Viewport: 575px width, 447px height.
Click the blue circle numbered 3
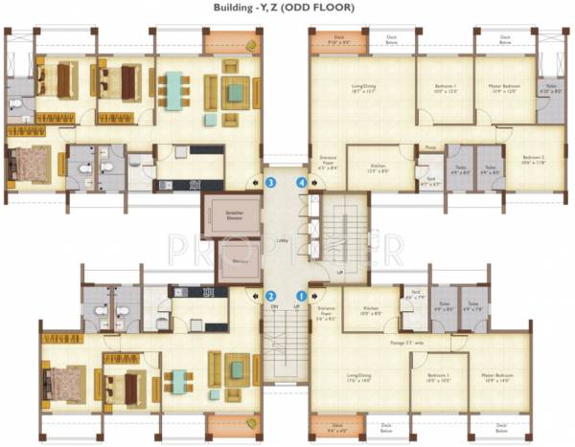tap(271, 181)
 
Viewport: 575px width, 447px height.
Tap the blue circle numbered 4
tap(303, 181)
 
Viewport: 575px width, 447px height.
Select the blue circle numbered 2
tap(271, 296)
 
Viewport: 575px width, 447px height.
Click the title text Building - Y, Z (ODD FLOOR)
tap(287, 8)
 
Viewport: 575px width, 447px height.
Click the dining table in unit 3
tap(173, 90)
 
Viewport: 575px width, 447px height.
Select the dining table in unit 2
tap(178, 380)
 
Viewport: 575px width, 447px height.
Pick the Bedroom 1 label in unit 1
tap(439, 376)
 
